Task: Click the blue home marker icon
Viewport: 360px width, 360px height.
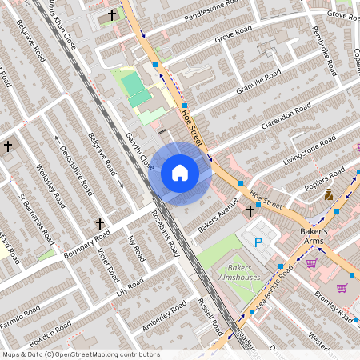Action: (179, 173)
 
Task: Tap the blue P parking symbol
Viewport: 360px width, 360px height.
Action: (258, 242)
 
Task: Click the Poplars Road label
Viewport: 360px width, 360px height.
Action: (325, 179)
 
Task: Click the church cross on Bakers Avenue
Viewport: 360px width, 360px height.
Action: (250, 211)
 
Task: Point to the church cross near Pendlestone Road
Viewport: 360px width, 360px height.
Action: (111, 15)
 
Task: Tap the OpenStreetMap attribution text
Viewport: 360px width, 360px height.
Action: (80, 354)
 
